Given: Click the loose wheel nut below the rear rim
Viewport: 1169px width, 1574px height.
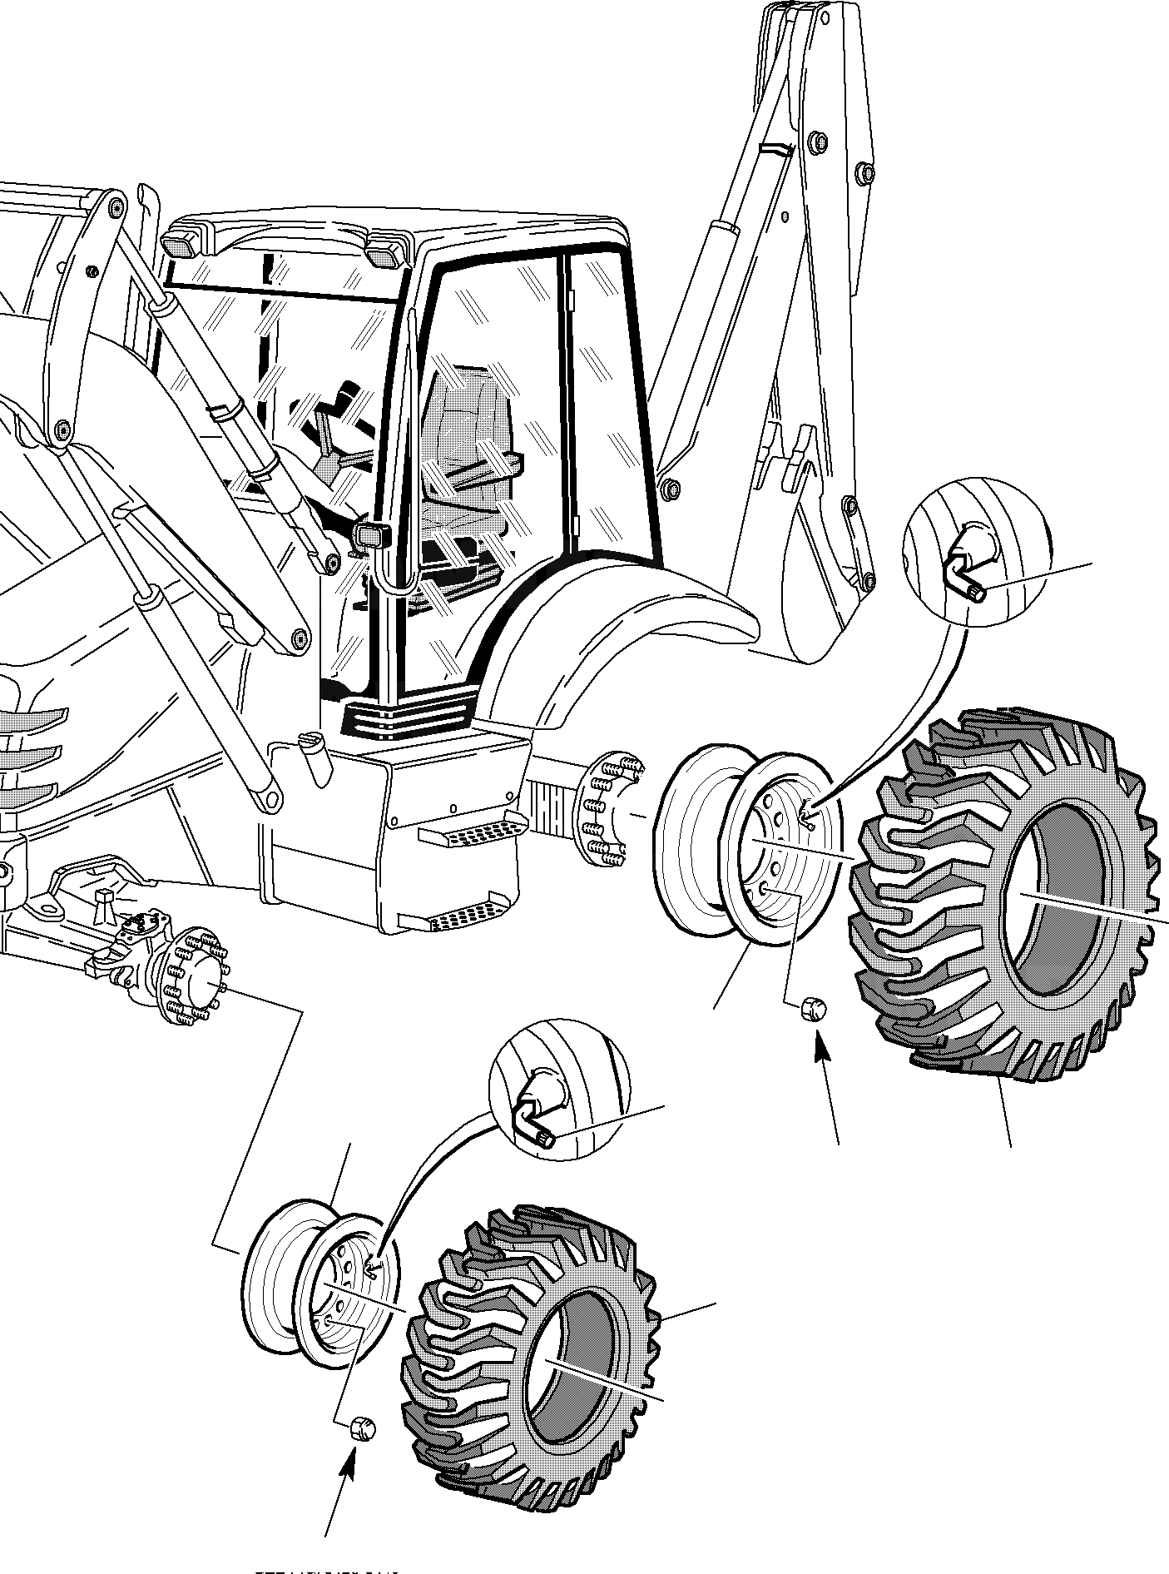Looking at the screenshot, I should point(812,1010).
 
